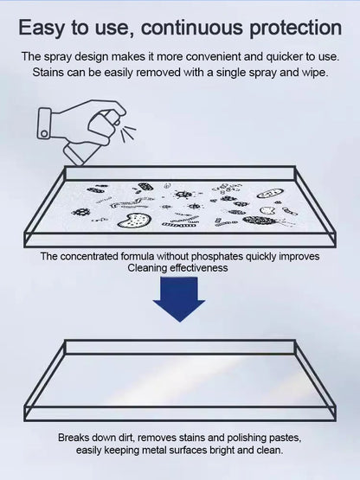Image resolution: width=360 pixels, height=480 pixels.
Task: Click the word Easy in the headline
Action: point(42,28)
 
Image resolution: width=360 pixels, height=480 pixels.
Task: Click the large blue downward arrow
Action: point(179,299)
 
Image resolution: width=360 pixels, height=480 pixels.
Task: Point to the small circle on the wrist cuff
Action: point(44,133)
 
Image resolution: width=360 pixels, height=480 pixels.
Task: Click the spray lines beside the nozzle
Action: point(128,132)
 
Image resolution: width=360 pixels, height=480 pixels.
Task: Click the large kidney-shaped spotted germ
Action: point(134,220)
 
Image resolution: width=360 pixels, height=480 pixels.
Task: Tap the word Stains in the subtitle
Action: point(48,73)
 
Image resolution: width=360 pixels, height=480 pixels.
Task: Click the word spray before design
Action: point(58,57)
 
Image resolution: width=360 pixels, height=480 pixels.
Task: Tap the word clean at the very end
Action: point(269,451)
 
